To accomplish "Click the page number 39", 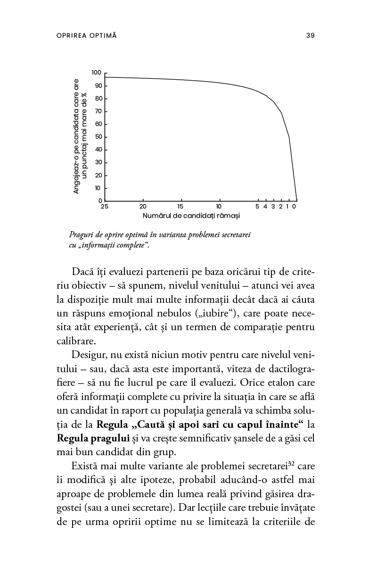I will coord(310,35).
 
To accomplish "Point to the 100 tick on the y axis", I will coord(97,73).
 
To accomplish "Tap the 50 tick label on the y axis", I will coord(98,137).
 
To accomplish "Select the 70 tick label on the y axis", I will coord(98,111).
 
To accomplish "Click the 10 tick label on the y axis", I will coord(98,188).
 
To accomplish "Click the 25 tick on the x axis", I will coord(105,207).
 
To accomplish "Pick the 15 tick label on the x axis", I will coord(180,207).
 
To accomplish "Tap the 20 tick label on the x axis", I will coord(143,207).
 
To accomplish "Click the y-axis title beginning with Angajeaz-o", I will coord(80,136).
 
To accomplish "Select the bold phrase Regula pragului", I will coord(93,438).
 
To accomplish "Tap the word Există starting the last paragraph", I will coord(84,466).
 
